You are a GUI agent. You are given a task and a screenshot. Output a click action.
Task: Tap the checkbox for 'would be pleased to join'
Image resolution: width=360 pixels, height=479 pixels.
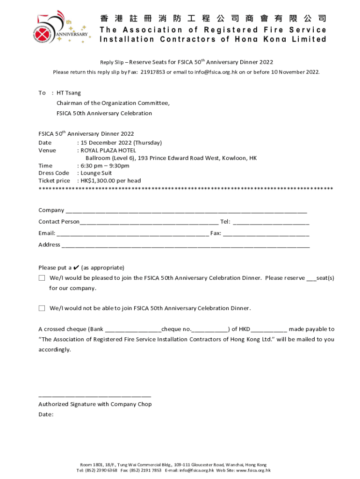[42, 278]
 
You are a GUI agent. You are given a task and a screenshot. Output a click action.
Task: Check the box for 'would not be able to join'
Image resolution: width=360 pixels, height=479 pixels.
[42, 308]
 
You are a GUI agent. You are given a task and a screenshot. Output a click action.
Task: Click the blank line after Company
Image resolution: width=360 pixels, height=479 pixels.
[186, 211]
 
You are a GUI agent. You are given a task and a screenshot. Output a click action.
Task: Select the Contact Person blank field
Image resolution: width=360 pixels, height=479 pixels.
[149, 222]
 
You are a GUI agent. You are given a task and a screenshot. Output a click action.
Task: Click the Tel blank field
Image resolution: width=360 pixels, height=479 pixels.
[271, 222]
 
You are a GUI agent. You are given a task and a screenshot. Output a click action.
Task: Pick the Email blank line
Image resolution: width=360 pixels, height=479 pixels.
[132, 233]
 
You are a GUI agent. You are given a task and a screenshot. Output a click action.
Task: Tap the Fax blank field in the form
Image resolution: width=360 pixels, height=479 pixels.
[266, 233]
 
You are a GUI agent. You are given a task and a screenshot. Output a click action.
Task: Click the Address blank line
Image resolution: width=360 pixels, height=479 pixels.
[185, 245]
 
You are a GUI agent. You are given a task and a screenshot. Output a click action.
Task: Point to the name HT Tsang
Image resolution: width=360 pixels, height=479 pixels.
[69, 93]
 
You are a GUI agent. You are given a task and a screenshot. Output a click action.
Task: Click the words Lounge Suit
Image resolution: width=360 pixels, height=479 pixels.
[96, 173]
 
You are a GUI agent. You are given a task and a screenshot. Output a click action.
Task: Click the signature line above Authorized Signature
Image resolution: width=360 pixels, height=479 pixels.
[94, 396]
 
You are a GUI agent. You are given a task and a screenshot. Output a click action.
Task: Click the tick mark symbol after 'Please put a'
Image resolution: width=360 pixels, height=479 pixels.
[76, 268]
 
